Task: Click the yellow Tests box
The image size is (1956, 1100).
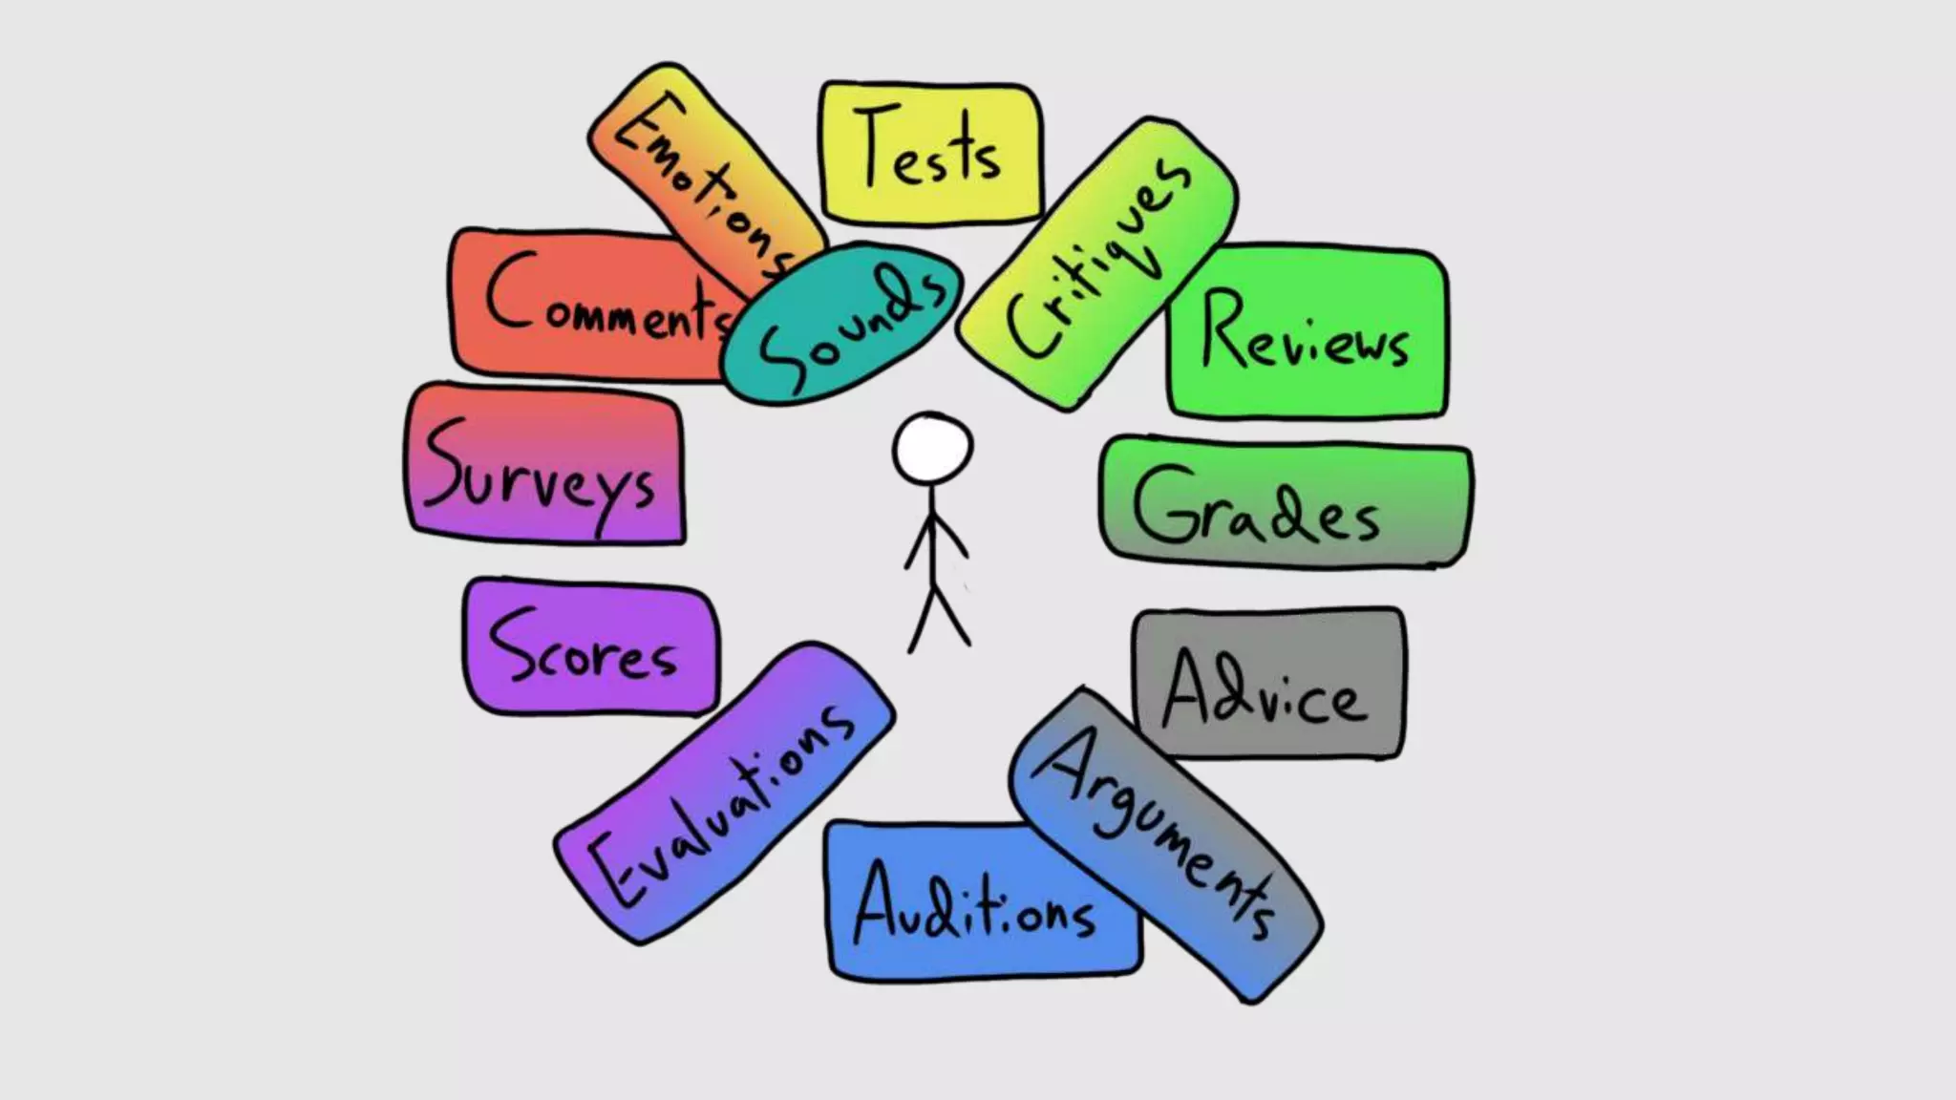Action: coord(929,153)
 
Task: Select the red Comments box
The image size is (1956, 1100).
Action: coord(583,304)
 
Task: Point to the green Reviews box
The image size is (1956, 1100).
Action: coord(1306,331)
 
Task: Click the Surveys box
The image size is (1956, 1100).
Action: coord(542,466)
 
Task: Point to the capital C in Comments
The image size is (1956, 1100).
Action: coord(511,291)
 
